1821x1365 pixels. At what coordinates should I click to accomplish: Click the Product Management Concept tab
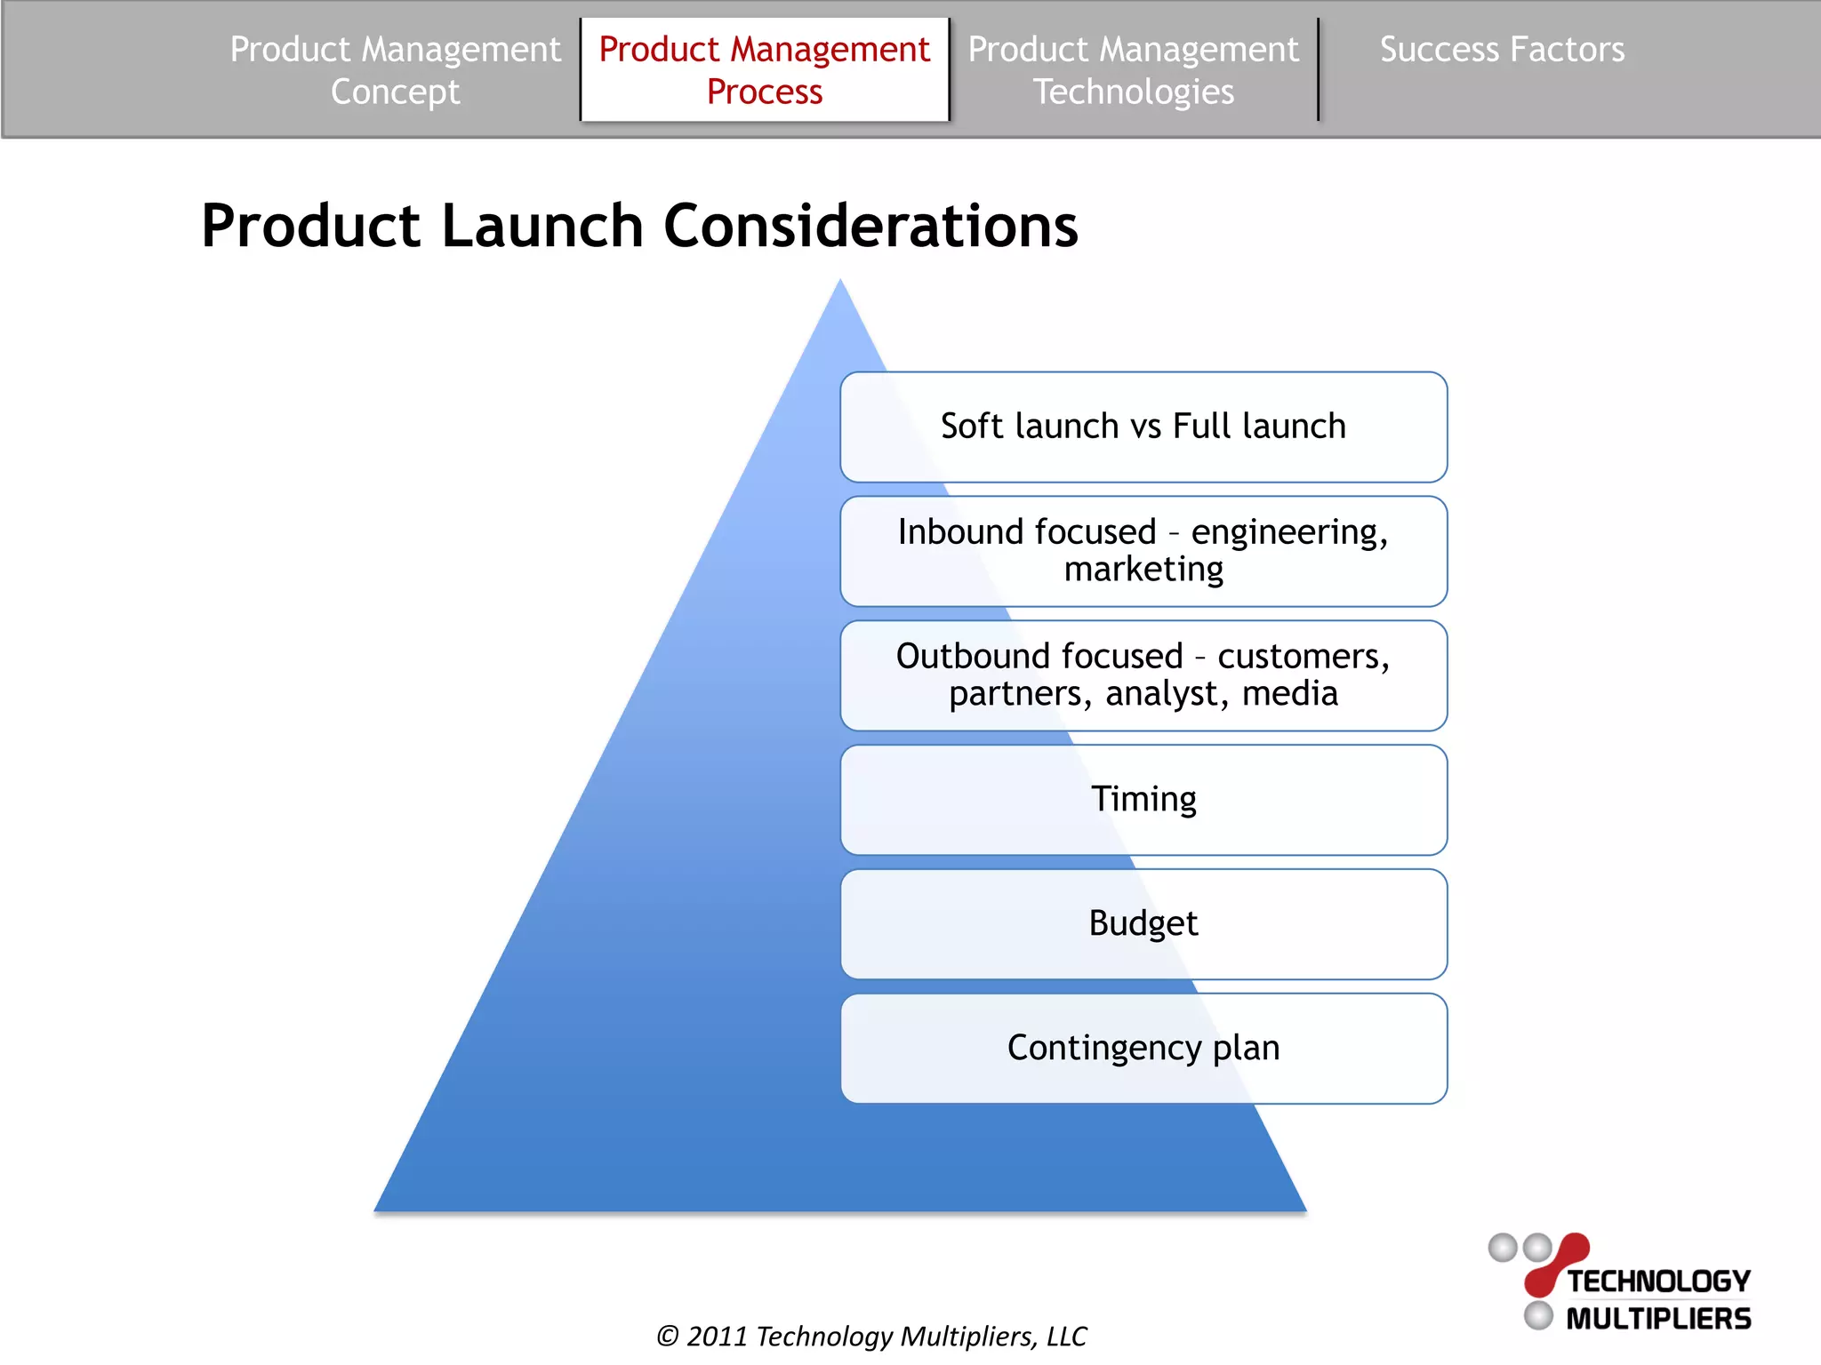[x=395, y=70]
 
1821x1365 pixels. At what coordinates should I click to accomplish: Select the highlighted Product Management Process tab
[x=764, y=70]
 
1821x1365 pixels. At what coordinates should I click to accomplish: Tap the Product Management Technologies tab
[x=1133, y=70]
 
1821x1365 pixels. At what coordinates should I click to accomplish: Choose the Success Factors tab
[x=1501, y=50]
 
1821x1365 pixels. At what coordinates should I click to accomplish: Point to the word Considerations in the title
[x=870, y=226]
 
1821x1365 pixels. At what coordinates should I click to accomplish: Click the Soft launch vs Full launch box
[x=1143, y=427]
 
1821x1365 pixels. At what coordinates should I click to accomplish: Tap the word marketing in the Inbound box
[x=1143, y=570]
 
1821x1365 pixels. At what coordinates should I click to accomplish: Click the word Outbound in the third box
[x=1039, y=657]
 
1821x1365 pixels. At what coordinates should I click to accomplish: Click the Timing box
[x=1143, y=799]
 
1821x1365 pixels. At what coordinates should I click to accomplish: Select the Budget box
[x=1143, y=923]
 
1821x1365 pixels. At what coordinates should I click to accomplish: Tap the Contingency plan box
[x=1143, y=1048]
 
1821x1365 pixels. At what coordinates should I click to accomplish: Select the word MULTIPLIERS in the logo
[x=1657, y=1319]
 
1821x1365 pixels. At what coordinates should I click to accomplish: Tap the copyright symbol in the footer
[x=668, y=1337]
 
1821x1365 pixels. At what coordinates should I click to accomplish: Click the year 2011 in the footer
[x=717, y=1337]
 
